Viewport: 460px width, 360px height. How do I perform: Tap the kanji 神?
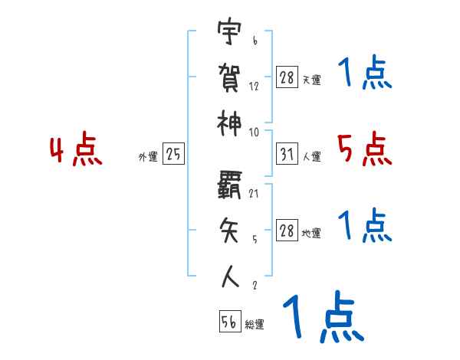(x=229, y=123)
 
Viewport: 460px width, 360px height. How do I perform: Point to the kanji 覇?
(x=229, y=183)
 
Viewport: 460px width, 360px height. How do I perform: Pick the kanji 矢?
(x=229, y=231)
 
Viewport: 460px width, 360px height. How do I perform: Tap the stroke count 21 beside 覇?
(x=255, y=193)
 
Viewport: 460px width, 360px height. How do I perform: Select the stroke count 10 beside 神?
(x=255, y=132)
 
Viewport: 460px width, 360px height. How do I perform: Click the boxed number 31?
(x=287, y=154)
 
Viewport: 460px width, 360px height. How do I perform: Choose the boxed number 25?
(x=173, y=154)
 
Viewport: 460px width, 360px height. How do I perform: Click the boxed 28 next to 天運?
(x=287, y=77)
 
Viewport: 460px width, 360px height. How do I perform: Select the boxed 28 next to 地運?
(x=287, y=231)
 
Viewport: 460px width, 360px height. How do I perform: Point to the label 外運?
(x=147, y=156)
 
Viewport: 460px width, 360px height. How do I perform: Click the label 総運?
(x=255, y=325)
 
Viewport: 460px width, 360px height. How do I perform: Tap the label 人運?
(x=312, y=156)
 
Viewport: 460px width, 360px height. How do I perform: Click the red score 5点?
(x=364, y=149)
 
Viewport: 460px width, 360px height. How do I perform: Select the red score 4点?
(x=77, y=150)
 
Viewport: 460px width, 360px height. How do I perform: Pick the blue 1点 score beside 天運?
(x=364, y=74)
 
